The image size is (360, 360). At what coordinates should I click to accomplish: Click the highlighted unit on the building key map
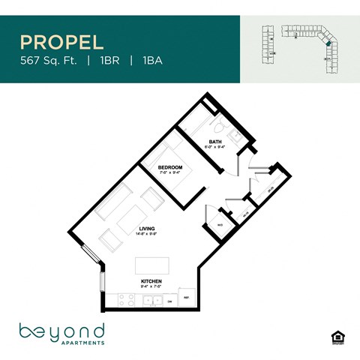click(x=327, y=44)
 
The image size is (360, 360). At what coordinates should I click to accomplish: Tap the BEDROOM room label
click(x=169, y=167)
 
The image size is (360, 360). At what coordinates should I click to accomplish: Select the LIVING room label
click(x=147, y=229)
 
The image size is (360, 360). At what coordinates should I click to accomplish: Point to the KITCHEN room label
click(x=151, y=281)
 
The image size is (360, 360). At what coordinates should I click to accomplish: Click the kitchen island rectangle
click(x=152, y=265)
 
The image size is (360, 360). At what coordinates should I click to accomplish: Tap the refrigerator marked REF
click(x=187, y=298)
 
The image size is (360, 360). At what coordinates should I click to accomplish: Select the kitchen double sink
click(x=154, y=301)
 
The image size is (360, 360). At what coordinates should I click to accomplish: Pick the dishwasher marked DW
click(x=170, y=301)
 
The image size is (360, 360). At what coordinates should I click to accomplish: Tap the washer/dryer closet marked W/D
click(x=220, y=224)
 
